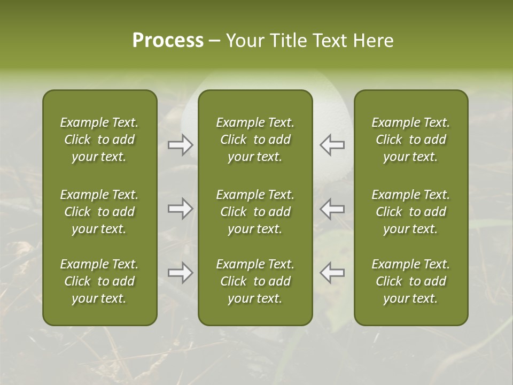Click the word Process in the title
tap(168, 41)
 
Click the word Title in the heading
tap(287, 41)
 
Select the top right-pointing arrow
tap(181, 145)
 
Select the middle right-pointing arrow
tap(181, 209)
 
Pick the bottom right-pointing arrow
tap(181, 273)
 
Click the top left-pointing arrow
tap(332, 145)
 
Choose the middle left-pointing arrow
tap(332, 209)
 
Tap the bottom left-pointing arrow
tap(332, 273)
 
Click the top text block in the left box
tap(99, 140)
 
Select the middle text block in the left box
tap(99, 212)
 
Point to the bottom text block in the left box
tap(99, 281)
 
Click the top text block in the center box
tap(255, 140)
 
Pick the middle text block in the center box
tap(255, 212)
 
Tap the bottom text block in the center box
tap(255, 281)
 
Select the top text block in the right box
tap(411, 140)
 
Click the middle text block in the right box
tap(411, 212)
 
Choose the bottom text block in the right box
tap(411, 281)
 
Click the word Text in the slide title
tap(330, 41)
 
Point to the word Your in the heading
tap(245, 41)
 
